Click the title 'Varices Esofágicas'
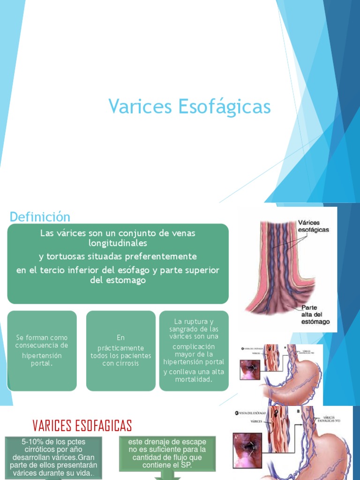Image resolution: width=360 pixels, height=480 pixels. (x=190, y=106)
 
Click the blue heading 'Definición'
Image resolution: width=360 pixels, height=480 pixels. (x=40, y=217)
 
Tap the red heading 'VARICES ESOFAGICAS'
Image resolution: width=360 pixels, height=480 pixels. (x=82, y=426)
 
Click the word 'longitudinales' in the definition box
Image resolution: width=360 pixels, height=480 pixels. (x=118, y=243)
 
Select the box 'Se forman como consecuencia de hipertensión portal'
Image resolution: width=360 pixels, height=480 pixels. (x=42, y=351)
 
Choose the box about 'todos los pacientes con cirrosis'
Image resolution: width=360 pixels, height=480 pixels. (x=120, y=351)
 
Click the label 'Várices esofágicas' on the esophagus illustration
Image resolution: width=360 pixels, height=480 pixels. (x=313, y=226)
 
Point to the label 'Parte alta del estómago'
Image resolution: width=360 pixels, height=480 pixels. (x=315, y=315)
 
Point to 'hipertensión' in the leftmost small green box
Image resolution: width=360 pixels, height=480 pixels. (x=42, y=355)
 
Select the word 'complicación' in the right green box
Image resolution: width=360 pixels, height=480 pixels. (x=194, y=346)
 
